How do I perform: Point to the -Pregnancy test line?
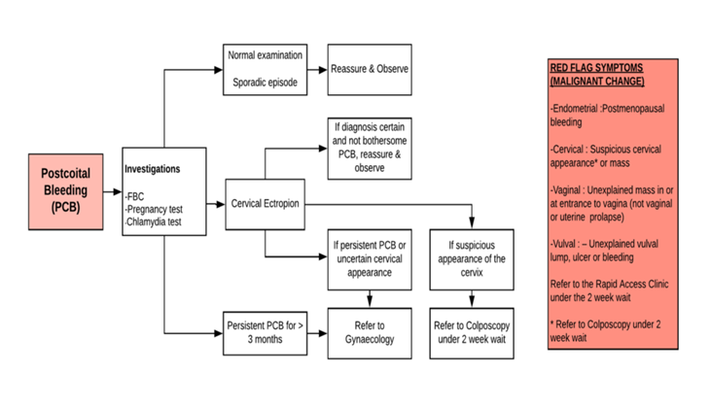click(x=166, y=208)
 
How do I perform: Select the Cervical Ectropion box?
click(x=265, y=204)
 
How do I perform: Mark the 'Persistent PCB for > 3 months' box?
click(x=265, y=331)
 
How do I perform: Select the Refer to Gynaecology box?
click(x=371, y=331)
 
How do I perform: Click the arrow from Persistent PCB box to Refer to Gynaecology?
click(x=317, y=331)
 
